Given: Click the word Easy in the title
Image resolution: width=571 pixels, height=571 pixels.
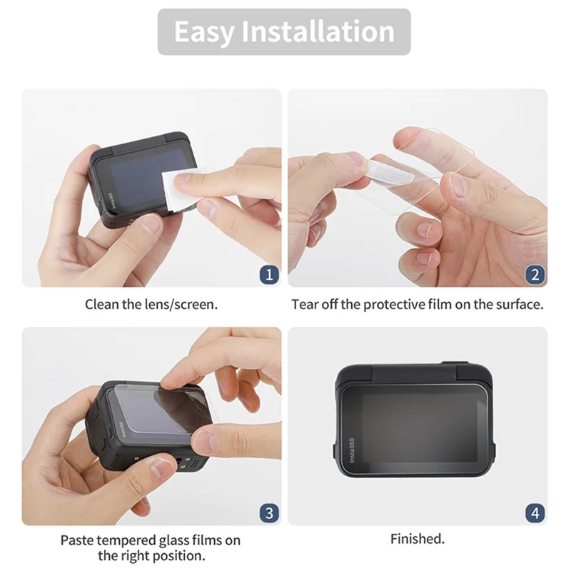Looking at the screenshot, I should coord(202,32).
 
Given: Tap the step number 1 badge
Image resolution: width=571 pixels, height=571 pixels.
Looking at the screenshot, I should coord(268,273).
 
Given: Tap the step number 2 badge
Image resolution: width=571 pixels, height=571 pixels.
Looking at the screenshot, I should coord(535,273).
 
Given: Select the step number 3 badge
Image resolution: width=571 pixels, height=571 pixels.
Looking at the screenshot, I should coord(268,512).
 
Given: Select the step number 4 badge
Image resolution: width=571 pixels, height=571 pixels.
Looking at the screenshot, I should coord(535,512).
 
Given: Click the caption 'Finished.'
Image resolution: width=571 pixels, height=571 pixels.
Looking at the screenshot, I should coord(418,539).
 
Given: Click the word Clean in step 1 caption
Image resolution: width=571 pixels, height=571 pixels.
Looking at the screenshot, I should coord(101,304).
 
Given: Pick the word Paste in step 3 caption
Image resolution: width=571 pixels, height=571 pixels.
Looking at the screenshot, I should coord(76,540).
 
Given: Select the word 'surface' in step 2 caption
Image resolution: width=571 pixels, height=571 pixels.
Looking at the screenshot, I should coord(518,304).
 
